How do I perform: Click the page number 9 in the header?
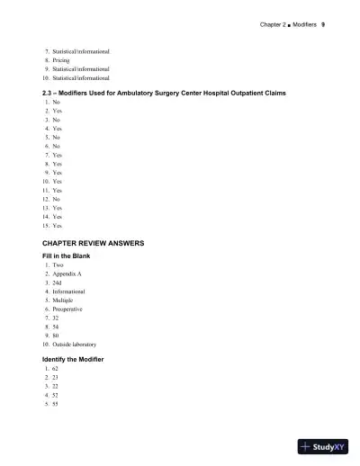[x=323, y=24]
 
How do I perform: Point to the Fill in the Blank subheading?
[x=67, y=256]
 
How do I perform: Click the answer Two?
[x=58, y=266]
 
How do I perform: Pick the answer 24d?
[x=58, y=283]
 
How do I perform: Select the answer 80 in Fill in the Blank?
[x=56, y=336]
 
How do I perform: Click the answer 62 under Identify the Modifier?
[x=56, y=370]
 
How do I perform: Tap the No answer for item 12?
[x=57, y=199]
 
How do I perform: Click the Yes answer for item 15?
[x=58, y=226]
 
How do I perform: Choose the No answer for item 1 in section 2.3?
[x=57, y=103]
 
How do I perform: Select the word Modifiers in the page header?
[x=301, y=24]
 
